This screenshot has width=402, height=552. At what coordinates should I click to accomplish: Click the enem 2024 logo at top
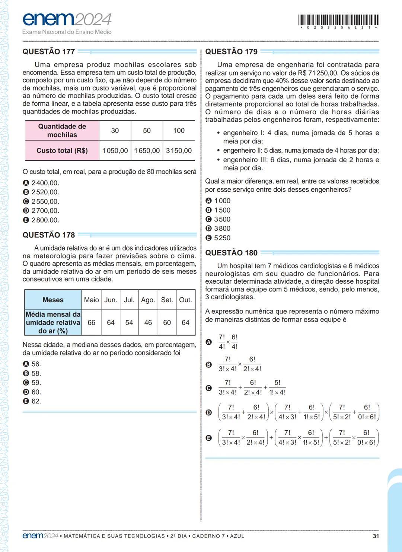pyautogui.click(x=67, y=19)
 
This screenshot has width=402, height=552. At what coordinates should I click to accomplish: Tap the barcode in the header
pyautogui.click(x=338, y=20)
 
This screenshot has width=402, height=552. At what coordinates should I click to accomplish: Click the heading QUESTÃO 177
pyautogui.click(x=49, y=52)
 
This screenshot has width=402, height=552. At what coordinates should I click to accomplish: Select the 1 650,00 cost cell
pyautogui.click(x=147, y=151)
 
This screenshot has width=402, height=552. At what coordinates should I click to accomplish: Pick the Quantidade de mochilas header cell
pyautogui.click(x=62, y=131)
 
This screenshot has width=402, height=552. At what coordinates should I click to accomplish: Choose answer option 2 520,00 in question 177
pyautogui.click(x=45, y=192)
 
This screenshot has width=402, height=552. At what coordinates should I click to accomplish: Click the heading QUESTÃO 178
pyautogui.click(x=49, y=235)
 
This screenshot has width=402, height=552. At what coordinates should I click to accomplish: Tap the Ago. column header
pyautogui.click(x=148, y=300)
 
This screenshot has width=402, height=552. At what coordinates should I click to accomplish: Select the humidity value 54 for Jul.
pyautogui.click(x=129, y=323)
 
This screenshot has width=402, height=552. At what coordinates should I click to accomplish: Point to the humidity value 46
pyautogui.click(x=148, y=323)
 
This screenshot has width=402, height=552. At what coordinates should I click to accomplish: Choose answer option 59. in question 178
pyautogui.click(x=36, y=383)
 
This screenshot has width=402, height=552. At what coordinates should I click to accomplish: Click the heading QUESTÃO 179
pyautogui.click(x=231, y=52)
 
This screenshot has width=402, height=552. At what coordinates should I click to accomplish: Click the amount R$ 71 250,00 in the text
pyautogui.click(x=318, y=73)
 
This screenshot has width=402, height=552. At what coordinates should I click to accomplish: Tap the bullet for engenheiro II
pyautogui.click(x=218, y=151)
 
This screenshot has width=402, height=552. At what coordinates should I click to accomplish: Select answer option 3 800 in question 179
pyautogui.click(x=222, y=229)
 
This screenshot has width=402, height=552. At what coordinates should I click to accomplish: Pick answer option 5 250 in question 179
pyautogui.click(x=222, y=238)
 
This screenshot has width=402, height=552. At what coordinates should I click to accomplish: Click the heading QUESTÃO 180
pyautogui.click(x=231, y=253)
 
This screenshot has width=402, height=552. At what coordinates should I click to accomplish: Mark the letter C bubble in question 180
pyautogui.click(x=209, y=388)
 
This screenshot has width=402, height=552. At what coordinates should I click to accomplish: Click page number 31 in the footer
pyautogui.click(x=376, y=536)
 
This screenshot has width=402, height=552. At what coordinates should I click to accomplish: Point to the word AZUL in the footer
pyautogui.click(x=237, y=536)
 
